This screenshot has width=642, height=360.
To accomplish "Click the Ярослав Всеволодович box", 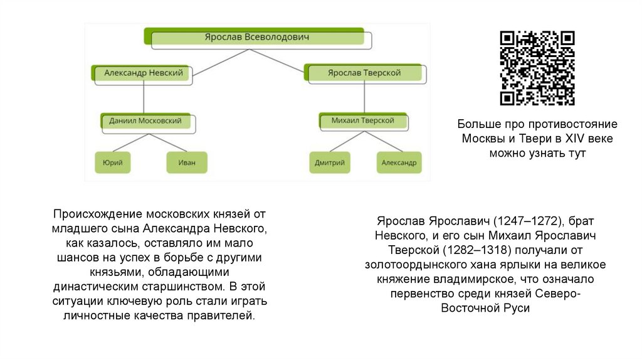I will point(257,38).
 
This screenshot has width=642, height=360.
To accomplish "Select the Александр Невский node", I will point(144,73).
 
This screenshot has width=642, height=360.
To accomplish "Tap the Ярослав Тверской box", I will point(364,73).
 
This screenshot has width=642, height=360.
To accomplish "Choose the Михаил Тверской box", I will point(363,120).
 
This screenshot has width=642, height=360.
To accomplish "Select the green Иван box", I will point(187,163).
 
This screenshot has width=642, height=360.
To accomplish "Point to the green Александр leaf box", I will point(399,163).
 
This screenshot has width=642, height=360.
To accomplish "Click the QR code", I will point(537,68).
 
